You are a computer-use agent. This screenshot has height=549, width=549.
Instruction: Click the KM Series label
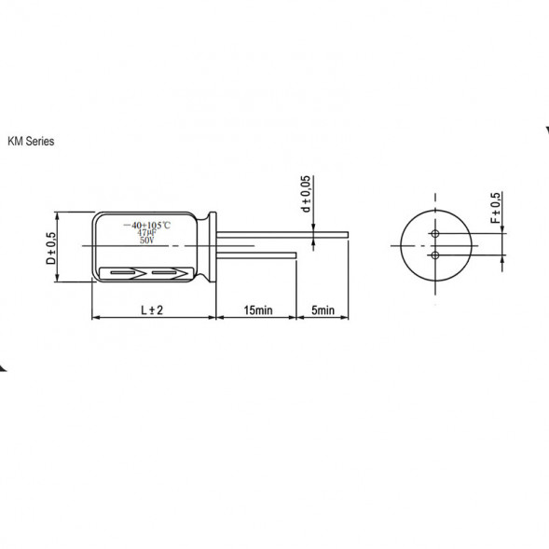tap(32, 142)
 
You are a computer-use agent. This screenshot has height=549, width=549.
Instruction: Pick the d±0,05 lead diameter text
tap(306, 195)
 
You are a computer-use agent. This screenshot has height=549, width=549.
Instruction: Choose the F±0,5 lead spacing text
tap(494, 213)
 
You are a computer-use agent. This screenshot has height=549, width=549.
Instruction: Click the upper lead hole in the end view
tap(434, 234)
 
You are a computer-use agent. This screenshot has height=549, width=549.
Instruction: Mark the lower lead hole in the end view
tap(434, 254)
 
